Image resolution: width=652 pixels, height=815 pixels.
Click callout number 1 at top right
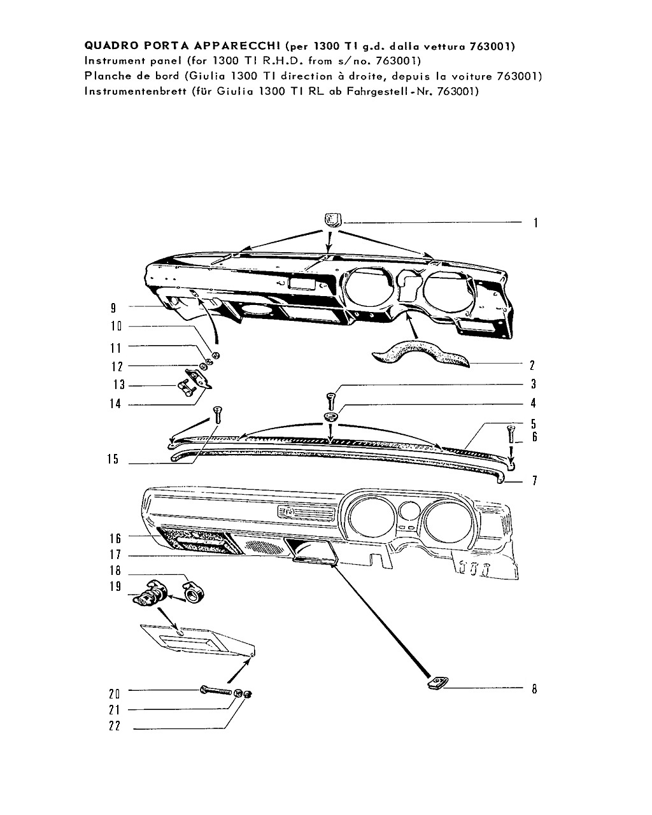click(x=535, y=223)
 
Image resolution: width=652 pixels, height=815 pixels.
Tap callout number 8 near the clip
click(x=534, y=689)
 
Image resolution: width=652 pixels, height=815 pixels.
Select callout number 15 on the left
click(x=113, y=459)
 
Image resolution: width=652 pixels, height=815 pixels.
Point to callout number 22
click(x=115, y=726)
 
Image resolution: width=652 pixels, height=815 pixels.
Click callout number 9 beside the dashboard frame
click(x=113, y=308)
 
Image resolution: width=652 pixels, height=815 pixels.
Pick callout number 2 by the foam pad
click(x=532, y=365)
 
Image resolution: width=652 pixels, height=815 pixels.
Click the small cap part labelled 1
click(x=332, y=220)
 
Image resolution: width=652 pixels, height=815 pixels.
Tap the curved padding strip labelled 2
click(x=420, y=355)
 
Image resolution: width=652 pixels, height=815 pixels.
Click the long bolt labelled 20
click(x=216, y=690)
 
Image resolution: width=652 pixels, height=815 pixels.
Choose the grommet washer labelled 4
click(x=331, y=417)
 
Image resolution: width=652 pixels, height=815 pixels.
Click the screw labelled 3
click(x=330, y=401)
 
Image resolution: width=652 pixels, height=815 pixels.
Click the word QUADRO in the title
click(x=112, y=45)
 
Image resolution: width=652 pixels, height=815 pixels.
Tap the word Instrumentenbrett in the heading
click(x=135, y=91)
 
